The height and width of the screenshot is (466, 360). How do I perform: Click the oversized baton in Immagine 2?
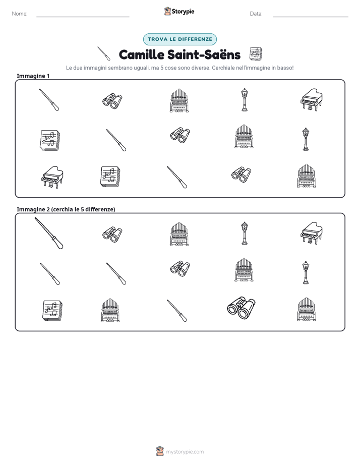point(49,234)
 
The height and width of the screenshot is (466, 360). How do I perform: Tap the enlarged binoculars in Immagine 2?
point(241,308)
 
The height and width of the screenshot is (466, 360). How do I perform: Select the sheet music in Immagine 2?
point(52,311)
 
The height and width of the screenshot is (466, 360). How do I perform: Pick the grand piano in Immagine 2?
point(311,234)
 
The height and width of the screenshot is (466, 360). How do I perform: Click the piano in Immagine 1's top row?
point(311,100)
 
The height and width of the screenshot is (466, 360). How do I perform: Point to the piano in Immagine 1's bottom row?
point(52,177)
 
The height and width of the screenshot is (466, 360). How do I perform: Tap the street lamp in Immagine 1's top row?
point(244,100)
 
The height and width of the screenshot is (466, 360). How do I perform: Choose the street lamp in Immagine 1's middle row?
point(306,139)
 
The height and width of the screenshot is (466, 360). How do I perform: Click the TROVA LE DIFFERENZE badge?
point(179,39)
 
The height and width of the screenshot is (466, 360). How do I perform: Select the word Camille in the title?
point(141,54)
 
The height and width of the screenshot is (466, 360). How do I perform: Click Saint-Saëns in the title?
point(204,54)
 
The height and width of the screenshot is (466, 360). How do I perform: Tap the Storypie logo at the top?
point(179,11)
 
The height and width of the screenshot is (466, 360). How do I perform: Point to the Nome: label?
point(20,14)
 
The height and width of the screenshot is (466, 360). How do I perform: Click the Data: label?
point(256,14)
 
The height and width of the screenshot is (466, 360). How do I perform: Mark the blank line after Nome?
point(83,17)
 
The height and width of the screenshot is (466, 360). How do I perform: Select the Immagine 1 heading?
point(33,76)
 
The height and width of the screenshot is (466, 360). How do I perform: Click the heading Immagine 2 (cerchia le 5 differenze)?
point(66,209)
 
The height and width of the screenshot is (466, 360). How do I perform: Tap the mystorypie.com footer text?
point(185,452)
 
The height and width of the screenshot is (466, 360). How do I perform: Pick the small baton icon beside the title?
point(104,53)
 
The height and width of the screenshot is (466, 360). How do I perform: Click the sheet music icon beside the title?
point(256,54)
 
